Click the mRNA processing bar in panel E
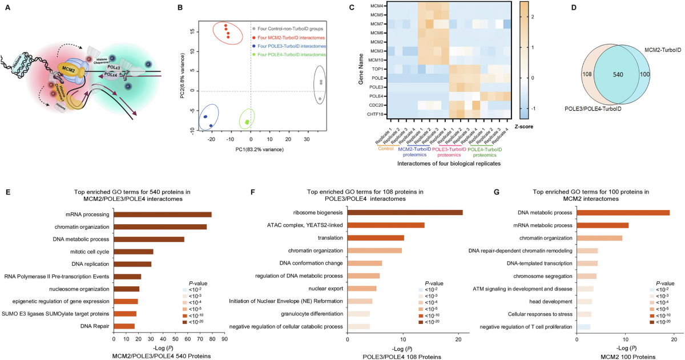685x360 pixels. (163, 215)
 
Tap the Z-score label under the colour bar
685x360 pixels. (524, 126)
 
